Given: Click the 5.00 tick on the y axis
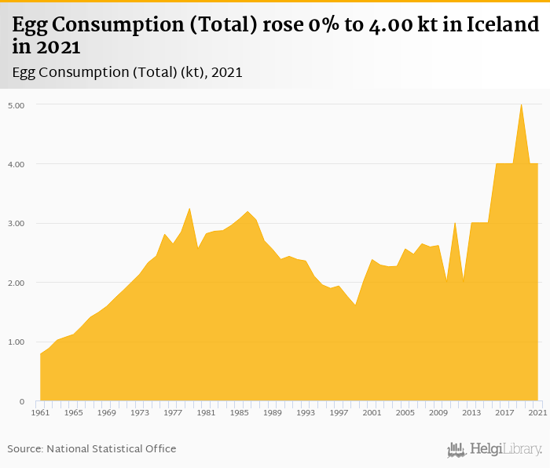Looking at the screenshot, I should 16,105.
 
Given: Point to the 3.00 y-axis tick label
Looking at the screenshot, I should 16,224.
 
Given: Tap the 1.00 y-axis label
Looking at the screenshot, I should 16,342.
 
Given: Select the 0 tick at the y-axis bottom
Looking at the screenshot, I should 22,401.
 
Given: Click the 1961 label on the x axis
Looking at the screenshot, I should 40,412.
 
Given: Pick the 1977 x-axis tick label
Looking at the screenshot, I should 173,412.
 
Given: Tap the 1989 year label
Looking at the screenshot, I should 273,412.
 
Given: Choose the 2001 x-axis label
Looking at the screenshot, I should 372,412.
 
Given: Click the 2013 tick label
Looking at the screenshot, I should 471,412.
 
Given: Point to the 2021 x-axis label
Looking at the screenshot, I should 537,412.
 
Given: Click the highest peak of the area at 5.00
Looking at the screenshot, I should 521,105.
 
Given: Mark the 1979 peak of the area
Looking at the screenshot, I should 189,209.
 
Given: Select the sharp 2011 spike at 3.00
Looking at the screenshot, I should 455,224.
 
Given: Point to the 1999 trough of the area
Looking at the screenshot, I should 355,305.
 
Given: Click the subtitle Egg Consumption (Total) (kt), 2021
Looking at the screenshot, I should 127,72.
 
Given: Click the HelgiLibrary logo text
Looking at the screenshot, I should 505,449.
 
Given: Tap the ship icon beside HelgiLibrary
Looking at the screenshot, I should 456,449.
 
